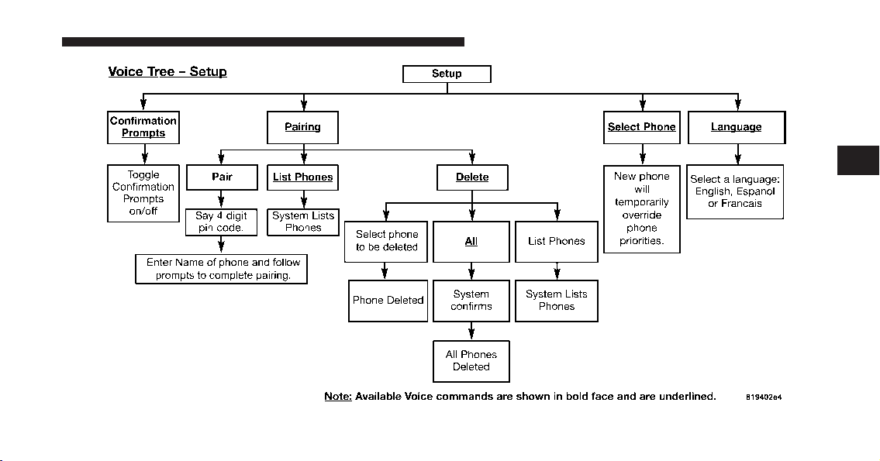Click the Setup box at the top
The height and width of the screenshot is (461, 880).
pos(447,74)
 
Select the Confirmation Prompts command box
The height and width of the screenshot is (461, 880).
pos(143,127)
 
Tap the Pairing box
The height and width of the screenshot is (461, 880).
pos(302,127)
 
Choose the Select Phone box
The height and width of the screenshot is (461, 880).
pos(641,127)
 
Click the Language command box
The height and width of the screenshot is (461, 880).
pos(737,127)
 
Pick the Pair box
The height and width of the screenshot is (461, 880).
pos(222,177)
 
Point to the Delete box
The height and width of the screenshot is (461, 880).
pos(472,177)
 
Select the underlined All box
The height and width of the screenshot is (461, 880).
pos(471,242)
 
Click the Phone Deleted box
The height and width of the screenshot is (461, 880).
pos(388,301)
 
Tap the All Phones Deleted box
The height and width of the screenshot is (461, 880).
pos(471,361)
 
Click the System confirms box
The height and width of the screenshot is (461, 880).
pos(471,301)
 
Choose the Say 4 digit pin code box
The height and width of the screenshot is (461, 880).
pos(221,222)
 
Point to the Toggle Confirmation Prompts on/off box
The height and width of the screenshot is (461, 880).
pos(143,193)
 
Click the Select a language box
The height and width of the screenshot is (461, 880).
pos(735,192)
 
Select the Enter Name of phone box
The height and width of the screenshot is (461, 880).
pos(221,269)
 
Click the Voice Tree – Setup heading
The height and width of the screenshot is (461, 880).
pos(167,72)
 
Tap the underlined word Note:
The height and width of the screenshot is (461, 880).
pos(338,397)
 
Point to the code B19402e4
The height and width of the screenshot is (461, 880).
pos(764,397)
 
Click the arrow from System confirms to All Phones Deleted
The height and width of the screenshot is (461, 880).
pos(471,331)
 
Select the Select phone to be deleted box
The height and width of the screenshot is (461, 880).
pos(386,242)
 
